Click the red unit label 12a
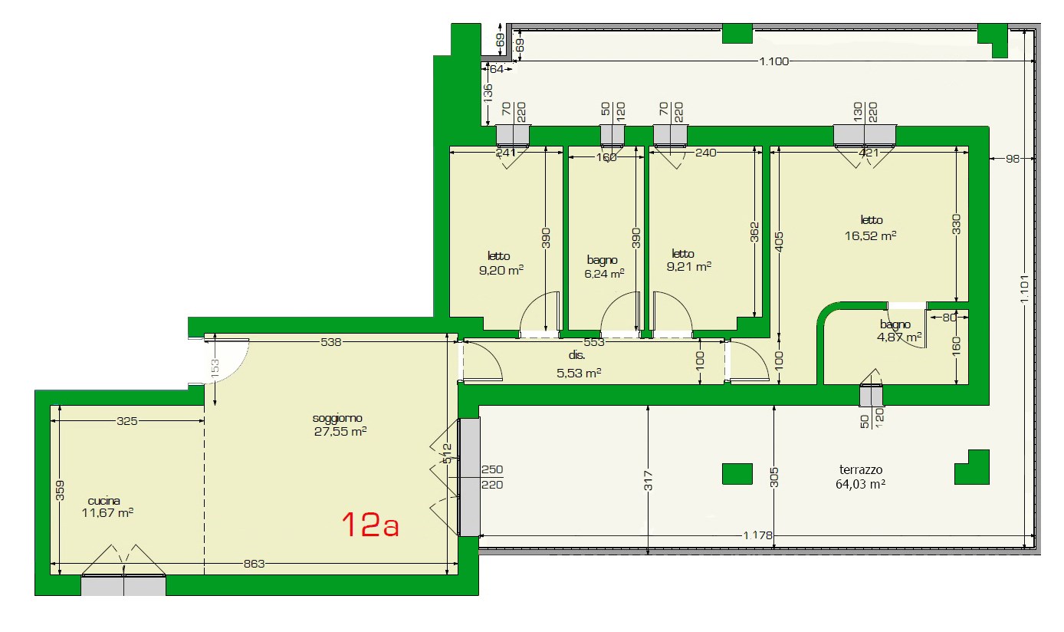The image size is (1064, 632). [x=370, y=525]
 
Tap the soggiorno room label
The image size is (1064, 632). [x=337, y=418]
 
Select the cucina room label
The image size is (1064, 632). [x=104, y=501]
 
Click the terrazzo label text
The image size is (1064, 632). [x=861, y=470]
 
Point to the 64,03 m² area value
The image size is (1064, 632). [x=860, y=484]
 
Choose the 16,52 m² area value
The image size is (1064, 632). [x=870, y=235]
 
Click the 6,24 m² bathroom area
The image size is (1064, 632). [x=604, y=274]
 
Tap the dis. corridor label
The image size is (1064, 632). [x=576, y=355]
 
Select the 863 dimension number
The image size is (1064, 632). [x=255, y=564]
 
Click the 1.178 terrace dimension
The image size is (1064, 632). [x=757, y=535]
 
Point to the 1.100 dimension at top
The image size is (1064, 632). [x=773, y=61]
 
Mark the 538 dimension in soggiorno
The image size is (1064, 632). [x=331, y=342]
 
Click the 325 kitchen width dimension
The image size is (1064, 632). [x=126, y=421]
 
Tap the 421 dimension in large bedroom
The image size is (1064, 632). [x=869, y=153]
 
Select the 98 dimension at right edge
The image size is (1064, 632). [x=1013, y=159]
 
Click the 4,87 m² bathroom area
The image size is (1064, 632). [x=899, y=337]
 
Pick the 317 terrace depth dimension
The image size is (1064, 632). [x=649, y=480]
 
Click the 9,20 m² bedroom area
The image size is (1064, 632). [x=501, y=271]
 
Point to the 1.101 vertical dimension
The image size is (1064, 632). [x=1024, y=289]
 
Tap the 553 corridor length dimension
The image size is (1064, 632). [x=594, y=342]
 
